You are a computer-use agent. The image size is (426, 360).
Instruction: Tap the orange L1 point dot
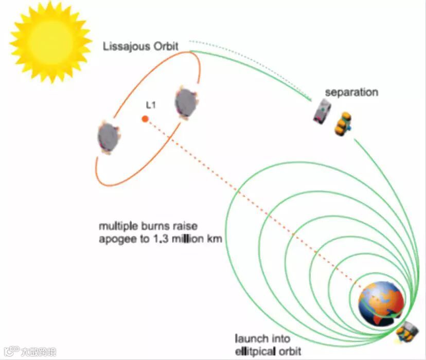coord(146,119)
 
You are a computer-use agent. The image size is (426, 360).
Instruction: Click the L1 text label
coord(151,105)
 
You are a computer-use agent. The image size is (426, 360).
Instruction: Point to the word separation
coord(351,93)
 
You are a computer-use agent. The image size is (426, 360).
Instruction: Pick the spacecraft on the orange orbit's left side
coord(108,137)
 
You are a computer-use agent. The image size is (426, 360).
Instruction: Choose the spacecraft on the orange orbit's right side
coord(186,102)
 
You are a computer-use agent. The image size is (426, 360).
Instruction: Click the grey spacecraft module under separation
coord(323,112)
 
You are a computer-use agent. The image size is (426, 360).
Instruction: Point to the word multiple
coord(117,227)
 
